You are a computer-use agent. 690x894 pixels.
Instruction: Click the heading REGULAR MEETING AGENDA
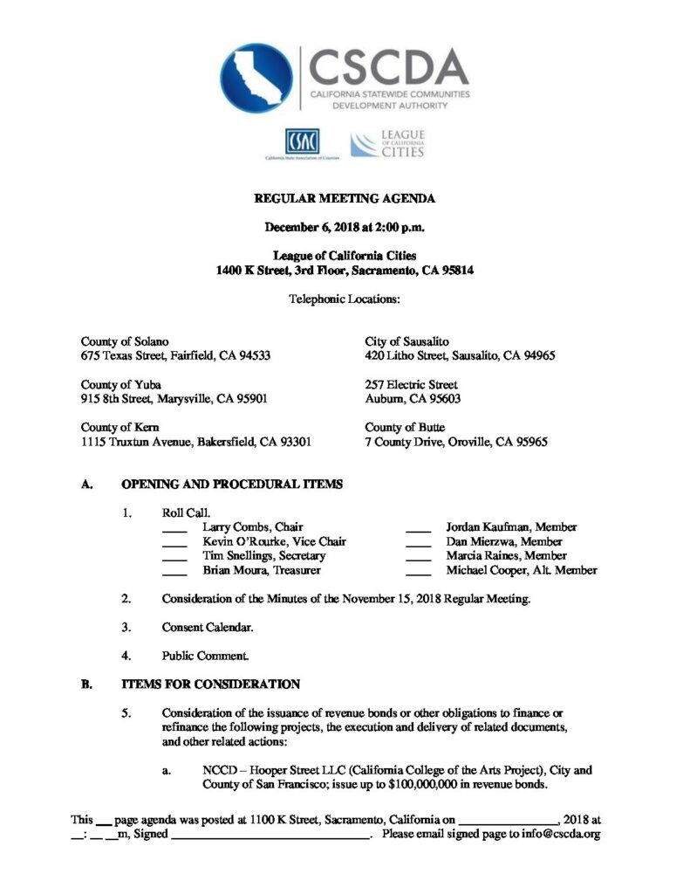345,199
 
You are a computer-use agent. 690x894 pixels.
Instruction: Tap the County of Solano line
125,341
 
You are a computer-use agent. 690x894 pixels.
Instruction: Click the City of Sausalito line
406,341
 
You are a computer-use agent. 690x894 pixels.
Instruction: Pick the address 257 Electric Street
411,384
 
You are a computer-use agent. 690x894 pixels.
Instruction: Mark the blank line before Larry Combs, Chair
174,529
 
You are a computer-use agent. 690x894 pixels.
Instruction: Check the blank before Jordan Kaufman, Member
419,529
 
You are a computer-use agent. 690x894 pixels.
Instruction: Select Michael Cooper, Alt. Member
521,570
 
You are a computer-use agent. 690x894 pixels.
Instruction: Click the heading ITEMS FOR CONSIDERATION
210,684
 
